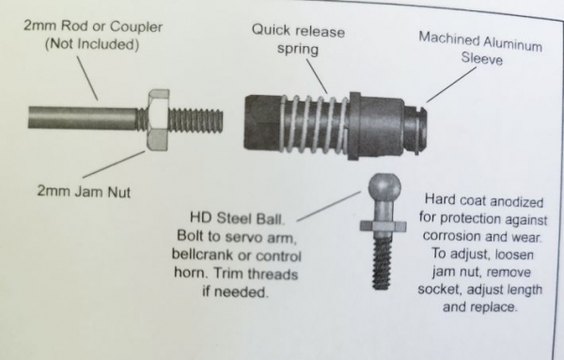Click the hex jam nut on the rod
point(158,120)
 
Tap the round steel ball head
point(384,186)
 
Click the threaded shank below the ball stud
point(382,262)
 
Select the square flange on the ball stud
point(384,227)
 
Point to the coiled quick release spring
point(314,123)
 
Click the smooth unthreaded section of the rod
point(82,117)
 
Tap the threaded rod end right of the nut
point(196,120)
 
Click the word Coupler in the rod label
point(136,27)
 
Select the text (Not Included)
point(92,44)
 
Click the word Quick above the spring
point(271,30)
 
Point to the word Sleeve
point(481,58)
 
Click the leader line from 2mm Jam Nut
point(114,164)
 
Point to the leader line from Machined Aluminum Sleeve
point(451,85)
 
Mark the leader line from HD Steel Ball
point(329,206)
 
